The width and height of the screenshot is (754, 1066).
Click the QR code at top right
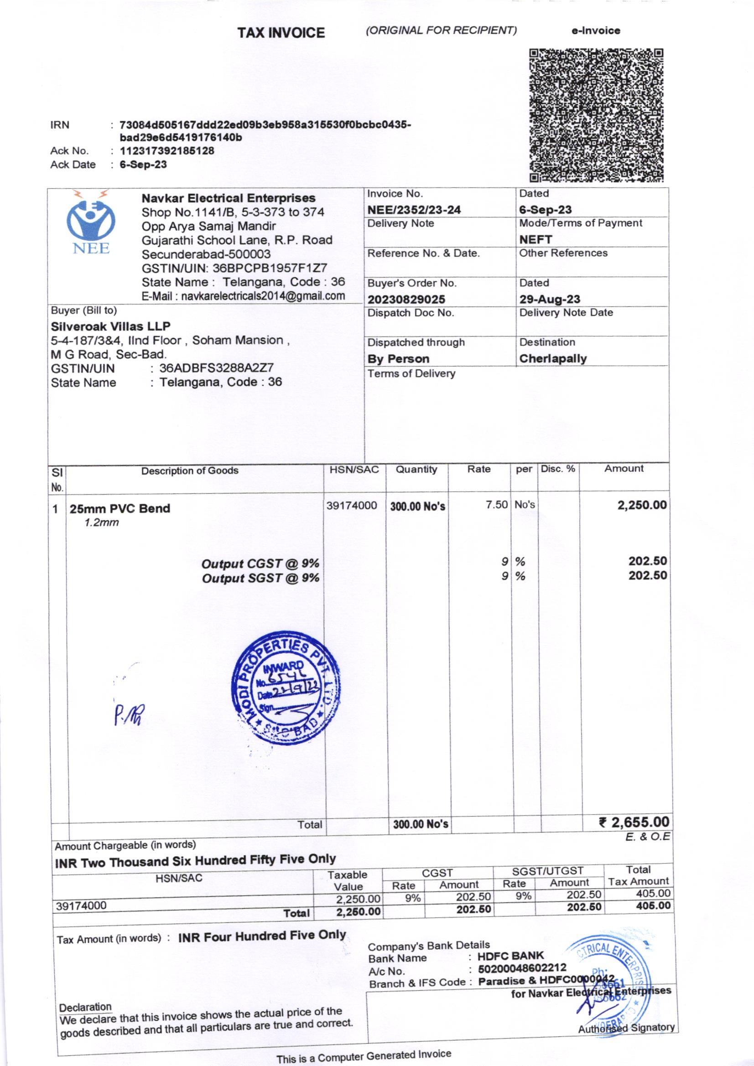pos(596,115)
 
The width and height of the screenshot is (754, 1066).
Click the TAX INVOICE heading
pos(281,32)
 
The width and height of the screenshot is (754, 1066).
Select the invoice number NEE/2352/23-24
pos(413,210)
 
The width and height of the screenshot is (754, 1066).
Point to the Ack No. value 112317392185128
pos(167,151)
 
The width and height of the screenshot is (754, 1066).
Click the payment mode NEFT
pos(535,239)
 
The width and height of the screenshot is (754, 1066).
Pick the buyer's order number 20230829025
pos(406,300)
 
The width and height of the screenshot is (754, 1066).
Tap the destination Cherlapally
pos(553,358)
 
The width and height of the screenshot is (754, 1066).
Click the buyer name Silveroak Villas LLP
pos(110,326)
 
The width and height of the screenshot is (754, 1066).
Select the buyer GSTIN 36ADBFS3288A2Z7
pos(216,368)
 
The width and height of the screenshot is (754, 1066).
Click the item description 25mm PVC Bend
pos(120,508)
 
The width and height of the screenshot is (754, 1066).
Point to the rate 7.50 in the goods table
pos(496,505)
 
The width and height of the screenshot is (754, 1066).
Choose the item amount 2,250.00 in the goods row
pos(642,505)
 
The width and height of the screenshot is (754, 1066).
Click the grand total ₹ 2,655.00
pos(634,822)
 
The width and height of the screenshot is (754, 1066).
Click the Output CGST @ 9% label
pos(260,564)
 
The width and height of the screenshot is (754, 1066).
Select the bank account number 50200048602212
pos(522,968)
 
